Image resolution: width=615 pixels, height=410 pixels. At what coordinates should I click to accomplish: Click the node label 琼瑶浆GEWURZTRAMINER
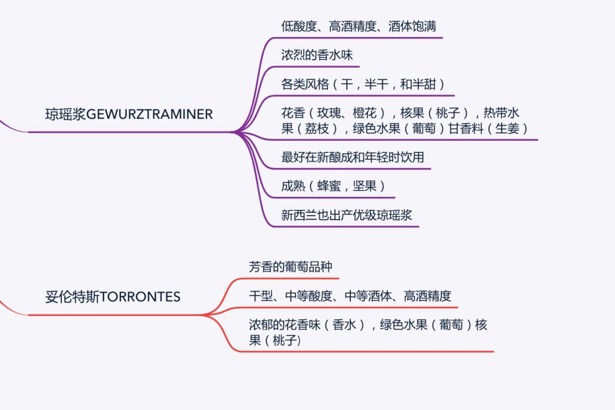point(129,114)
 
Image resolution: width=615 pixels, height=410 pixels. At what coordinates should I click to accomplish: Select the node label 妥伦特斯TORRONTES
point(113,297)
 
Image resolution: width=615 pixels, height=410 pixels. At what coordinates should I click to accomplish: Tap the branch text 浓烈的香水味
point(317,55)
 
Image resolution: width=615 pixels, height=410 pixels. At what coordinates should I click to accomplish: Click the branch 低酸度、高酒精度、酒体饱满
point(359,26)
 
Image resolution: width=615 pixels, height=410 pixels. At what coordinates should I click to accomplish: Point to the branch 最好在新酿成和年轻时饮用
point(352,157)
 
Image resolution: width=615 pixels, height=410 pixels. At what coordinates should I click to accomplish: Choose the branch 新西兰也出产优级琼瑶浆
point(346,215)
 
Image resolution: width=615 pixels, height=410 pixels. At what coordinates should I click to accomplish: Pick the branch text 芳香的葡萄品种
point(290,266)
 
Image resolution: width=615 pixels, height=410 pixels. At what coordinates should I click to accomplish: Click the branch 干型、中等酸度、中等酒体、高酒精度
point(350,296)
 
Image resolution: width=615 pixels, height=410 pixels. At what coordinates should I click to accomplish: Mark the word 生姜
point(507,129)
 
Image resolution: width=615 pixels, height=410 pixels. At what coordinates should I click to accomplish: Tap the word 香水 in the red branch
point(345,326)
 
